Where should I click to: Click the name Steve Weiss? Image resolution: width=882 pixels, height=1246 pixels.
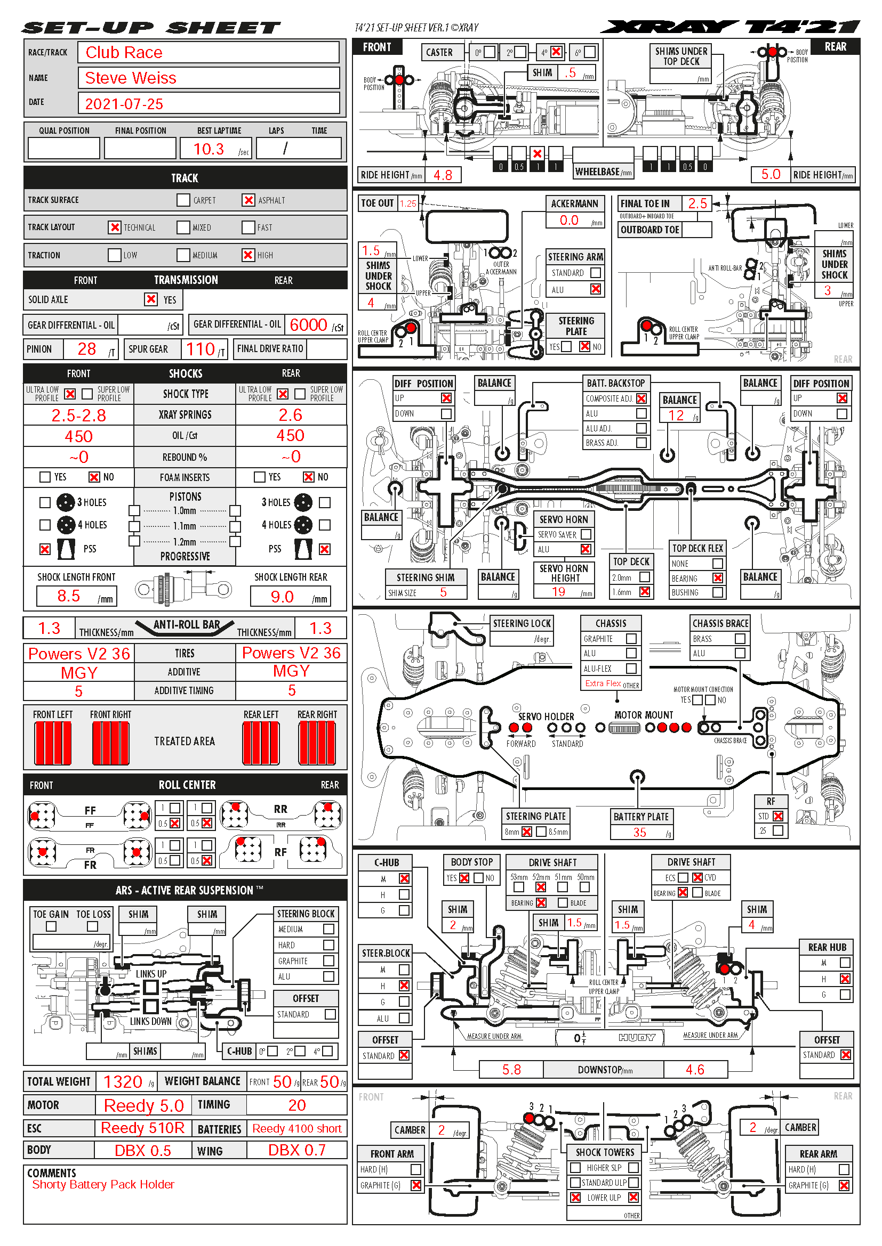click(130, 78)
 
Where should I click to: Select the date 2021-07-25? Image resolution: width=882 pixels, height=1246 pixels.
click(124, 104)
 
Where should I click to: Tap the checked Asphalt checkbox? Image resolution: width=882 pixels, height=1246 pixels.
click(248, 200)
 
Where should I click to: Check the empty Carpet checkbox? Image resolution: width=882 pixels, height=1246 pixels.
click(183, 200)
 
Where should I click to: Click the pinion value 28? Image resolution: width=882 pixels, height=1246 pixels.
click(86, 349)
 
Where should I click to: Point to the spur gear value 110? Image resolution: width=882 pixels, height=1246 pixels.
click(201, 349)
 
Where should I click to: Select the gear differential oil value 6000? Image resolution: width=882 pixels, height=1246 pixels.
click(308, 325)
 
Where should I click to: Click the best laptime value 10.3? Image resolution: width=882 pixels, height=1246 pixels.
click(209, 149)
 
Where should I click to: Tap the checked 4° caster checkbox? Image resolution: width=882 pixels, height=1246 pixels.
click(556, 52)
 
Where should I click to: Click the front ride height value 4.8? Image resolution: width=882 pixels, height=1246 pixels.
click(443, 175)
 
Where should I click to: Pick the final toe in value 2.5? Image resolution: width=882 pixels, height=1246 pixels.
click(697, 203)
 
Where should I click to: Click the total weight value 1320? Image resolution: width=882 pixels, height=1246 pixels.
click(123, 1081)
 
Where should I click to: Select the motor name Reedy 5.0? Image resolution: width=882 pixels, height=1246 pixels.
click(144, 1105)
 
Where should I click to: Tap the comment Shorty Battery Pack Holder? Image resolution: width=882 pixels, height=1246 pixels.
click(103, 1184)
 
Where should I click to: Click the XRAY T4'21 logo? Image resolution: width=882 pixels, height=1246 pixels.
click(730, 27)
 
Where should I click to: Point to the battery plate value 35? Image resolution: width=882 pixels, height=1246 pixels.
click(640, 832)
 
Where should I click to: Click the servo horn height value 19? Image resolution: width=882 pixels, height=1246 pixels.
click(558, 592)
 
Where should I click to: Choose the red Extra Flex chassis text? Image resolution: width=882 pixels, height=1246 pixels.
click(603, 683)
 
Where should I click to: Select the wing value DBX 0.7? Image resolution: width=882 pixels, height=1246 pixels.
click(296, 1150)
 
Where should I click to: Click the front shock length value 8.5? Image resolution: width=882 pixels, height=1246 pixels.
click(68, 596)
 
